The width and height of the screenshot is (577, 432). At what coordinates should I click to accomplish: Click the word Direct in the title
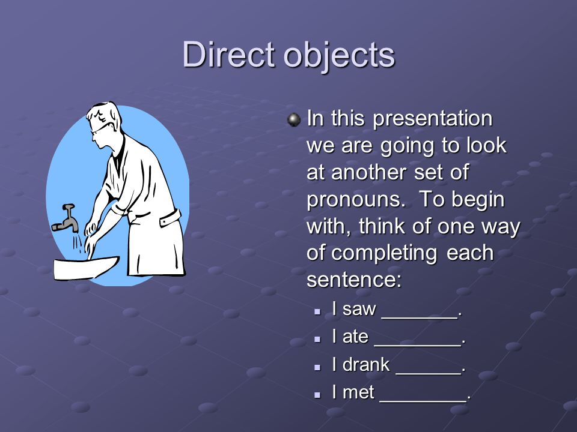[228, 55]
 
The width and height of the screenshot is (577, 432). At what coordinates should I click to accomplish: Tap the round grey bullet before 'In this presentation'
[294, 120]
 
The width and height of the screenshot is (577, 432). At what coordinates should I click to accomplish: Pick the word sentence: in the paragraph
[353, 280]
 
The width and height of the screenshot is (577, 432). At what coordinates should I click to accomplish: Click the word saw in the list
[359, 310]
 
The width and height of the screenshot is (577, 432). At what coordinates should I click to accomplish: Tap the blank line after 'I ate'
[417, 345]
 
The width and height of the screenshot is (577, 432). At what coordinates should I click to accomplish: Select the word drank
[365, 364]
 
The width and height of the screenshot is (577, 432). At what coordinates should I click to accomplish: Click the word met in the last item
[358, 392]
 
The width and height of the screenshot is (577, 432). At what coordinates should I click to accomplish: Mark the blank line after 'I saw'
[420, 317]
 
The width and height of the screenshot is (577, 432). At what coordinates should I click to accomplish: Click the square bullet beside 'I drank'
[317, 367]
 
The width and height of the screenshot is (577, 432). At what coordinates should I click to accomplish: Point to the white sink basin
[85, 268]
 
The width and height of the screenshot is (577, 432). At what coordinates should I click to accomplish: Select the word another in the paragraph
[369, 172]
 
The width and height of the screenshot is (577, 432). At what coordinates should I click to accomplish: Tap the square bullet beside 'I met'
[317, 395]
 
